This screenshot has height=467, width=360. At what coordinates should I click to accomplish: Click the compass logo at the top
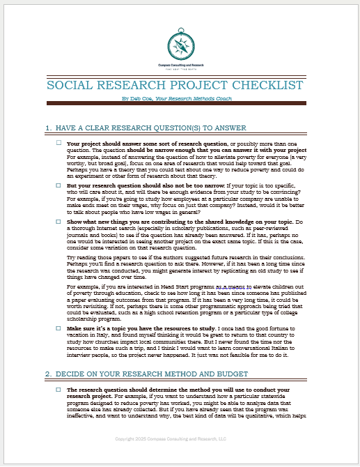(x=180, y=46)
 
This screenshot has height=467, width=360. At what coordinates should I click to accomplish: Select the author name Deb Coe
(x=136, y=99)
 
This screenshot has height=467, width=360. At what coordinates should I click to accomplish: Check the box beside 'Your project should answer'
(x=58, y=143)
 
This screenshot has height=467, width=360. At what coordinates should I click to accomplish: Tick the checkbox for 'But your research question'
(x=58, y=186)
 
